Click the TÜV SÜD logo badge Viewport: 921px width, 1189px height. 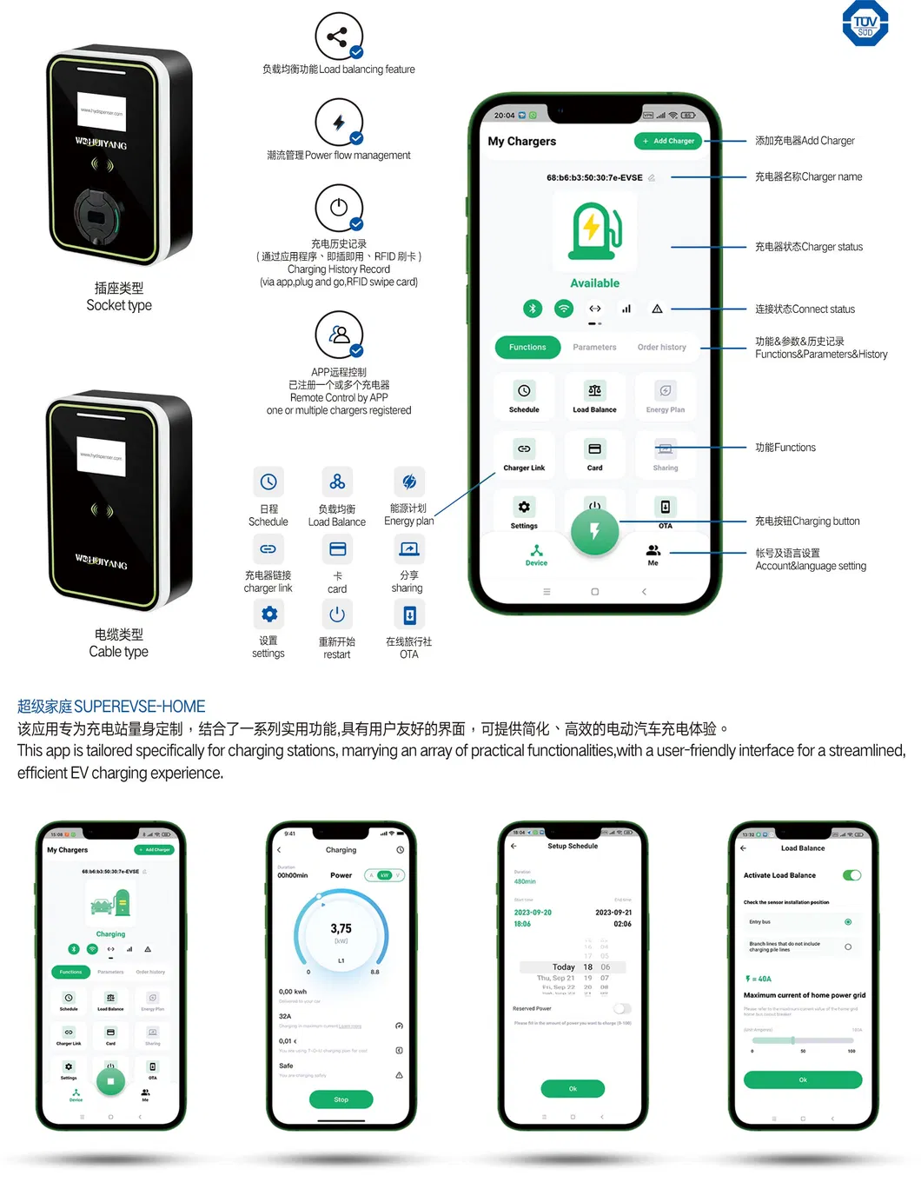pyautogui.click(x=865, y=23)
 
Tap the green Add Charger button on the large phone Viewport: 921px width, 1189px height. pyautogui.click(x=668, y=141)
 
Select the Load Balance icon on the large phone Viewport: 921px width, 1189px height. pyautogui.click(x=594, y=391)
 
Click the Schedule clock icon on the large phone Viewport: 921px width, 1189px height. pyautogui.click(x=524, y=391)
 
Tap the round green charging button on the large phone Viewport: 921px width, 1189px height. pyautogui.click(x=594, y=531)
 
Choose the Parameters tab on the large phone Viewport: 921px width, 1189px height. pyautogui.click(x=594, y=348)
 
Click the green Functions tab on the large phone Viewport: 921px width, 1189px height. pyautogui.click(x=527, y=348)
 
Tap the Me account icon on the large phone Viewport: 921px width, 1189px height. pyautogui.click(x=653, y=551)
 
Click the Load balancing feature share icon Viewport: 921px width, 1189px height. pyautogui.click(x=339, y=37)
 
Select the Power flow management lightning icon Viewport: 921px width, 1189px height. pyautogui.click(x=339, y=123)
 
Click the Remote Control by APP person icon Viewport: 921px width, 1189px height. pyautogui.click(x=339, y=335)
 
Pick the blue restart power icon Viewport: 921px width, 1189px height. pyautogui.click(x=337, y=615)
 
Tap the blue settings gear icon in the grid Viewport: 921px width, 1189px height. pyautogui.click(x=268, y=614)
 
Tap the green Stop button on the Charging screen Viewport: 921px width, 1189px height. pyautogui.click(x=341, y=1099)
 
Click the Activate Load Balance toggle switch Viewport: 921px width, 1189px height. pyautogui.click(x=851, y=875)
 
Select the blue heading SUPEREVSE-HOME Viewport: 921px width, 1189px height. pyautogui.click(x=111, y=707)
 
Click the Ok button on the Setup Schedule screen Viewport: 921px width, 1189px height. pyautogui.click(x=573, y=1088)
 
